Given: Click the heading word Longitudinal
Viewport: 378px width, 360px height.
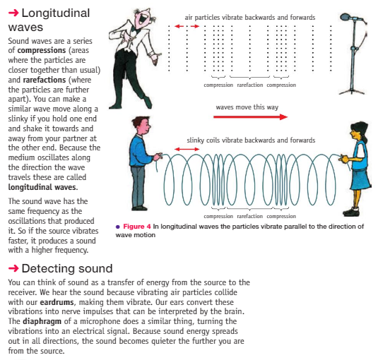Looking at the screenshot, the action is (56, 13).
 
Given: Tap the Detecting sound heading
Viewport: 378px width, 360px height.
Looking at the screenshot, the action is (67, 268).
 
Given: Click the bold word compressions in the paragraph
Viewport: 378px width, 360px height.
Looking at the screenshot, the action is (42, 50).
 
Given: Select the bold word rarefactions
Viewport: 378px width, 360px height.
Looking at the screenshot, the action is (45, 80).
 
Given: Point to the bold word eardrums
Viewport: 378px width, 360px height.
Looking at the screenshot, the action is (57, 302).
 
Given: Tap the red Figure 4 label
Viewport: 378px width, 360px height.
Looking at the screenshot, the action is (137, 227).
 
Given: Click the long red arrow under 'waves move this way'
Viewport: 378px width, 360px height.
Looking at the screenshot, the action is (251, 117).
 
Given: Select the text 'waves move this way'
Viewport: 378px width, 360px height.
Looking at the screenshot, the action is (247, 107).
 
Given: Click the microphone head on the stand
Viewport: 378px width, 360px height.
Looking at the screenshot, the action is (346, 17).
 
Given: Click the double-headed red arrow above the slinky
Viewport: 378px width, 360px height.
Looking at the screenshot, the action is (187, 149).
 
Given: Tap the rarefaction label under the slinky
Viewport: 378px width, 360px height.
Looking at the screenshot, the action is (249, 216).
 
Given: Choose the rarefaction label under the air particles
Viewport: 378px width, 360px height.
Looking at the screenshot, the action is (249, 85).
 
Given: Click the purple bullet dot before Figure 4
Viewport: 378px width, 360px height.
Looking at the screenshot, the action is (118, 227).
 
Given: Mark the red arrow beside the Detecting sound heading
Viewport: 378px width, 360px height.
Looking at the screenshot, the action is (13, 268).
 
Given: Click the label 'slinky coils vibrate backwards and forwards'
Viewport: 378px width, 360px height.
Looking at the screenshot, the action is (251, 140).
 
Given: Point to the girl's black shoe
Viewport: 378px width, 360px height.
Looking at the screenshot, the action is (351, 212).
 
